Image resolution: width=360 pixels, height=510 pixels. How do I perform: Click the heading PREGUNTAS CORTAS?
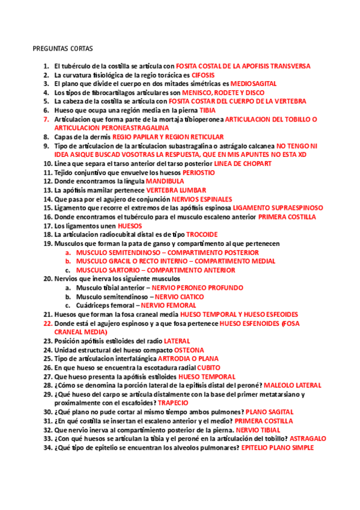pyautogui.click(x=63, y=48)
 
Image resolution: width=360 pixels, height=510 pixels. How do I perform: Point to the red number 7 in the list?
pyautogui.click(x=46, y=120)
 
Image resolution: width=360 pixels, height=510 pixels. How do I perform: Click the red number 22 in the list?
pyautogui.click(x=47, y=323)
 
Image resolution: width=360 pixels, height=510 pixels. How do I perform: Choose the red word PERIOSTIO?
pyautogui.click(x=198, y=173)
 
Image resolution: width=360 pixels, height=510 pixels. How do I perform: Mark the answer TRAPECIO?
pyautogui.click(x=173, y=403)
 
